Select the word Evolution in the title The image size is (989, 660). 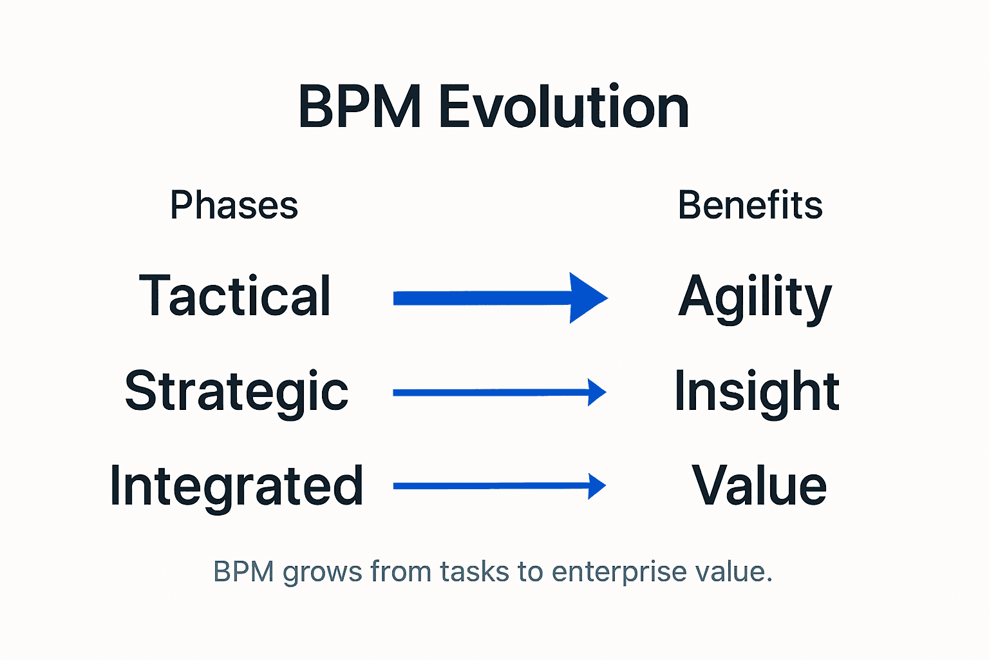[564, 107]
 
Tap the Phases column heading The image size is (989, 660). [234, 206]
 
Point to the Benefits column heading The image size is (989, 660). [750, 206]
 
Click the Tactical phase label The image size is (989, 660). [235, 296]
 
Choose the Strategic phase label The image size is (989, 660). [236, 392]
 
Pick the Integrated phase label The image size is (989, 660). [236, 486]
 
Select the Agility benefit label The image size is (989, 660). [755, 298]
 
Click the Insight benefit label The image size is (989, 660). [757, 392]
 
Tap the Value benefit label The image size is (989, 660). [758, 486]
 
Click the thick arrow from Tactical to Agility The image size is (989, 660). [483, 298]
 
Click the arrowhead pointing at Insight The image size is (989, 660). [597, 392]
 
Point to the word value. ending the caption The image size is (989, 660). [733, 572]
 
